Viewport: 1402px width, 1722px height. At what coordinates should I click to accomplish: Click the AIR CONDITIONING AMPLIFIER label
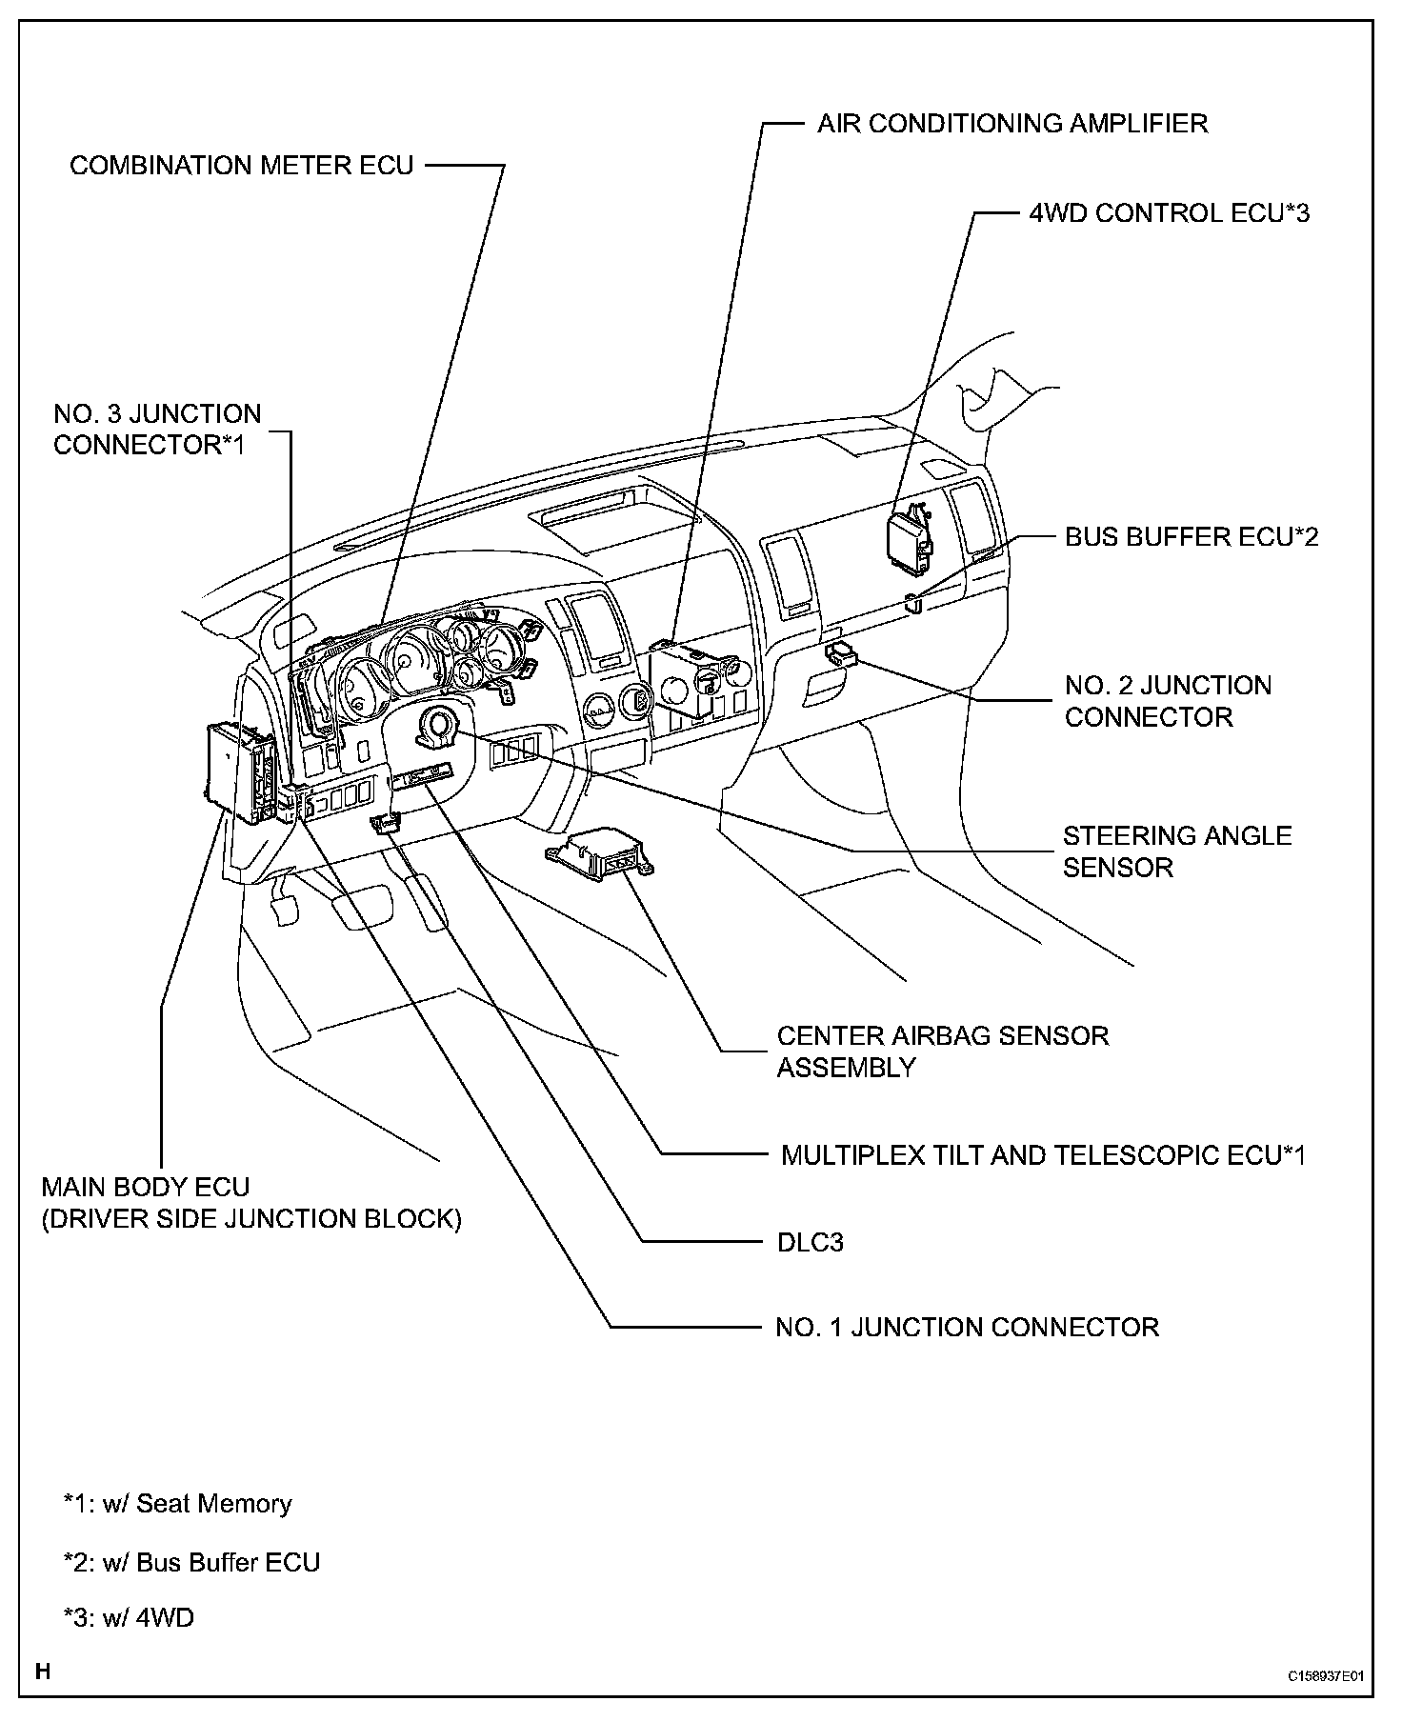point(1011,124)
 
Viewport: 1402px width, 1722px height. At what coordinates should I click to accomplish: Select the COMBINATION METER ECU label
point(242,166)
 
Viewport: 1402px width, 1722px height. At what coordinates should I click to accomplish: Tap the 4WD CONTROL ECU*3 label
point(1169,212)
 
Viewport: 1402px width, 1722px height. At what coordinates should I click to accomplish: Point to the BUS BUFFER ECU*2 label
point(1192,537)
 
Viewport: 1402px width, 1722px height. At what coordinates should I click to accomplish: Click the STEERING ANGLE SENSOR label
point(1176,851)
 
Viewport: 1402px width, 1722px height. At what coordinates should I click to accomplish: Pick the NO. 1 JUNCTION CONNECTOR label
point(967,1328)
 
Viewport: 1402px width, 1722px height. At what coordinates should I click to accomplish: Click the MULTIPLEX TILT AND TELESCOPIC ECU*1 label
point(1043,1155)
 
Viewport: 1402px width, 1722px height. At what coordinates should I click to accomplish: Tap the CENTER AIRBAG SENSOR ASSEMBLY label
point(942,1051)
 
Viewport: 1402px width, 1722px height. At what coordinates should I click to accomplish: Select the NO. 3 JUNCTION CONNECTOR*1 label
point(157,430)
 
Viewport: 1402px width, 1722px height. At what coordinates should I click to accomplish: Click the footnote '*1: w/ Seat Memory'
point(177,1504)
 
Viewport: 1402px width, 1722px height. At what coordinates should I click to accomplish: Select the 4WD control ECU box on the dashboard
point(910,540)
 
